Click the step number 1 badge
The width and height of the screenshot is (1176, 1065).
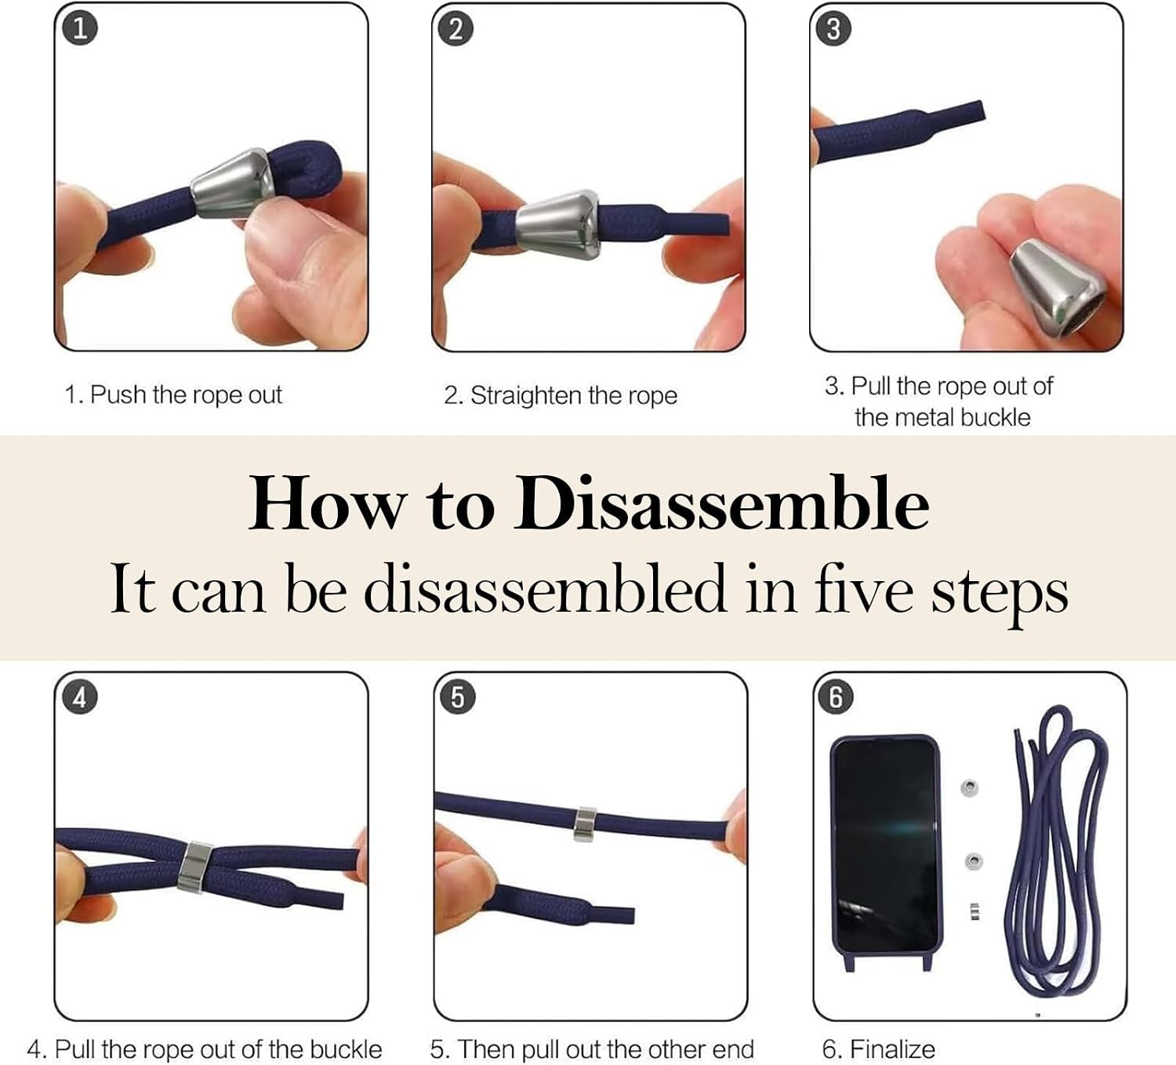coord(79,29)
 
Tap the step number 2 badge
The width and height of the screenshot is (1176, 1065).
coord(456,29)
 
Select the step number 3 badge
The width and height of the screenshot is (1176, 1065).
coord(833,29)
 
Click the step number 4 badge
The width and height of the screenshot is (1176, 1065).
coord(79,698)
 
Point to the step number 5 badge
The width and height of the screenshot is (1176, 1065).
coord(458,698)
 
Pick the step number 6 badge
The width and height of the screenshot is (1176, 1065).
coord(836,698)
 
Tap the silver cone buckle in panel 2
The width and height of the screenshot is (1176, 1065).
coord(559,224)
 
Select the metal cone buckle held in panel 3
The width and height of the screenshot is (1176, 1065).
coord(1056,288)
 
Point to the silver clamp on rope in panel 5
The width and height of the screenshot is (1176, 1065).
coord(585,824)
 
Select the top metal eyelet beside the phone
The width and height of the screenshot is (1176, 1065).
coord(969,787)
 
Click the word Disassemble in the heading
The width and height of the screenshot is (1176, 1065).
coord(721,503)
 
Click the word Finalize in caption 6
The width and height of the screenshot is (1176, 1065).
coord(891,1049)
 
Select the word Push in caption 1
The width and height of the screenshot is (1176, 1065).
coord(118,394)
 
